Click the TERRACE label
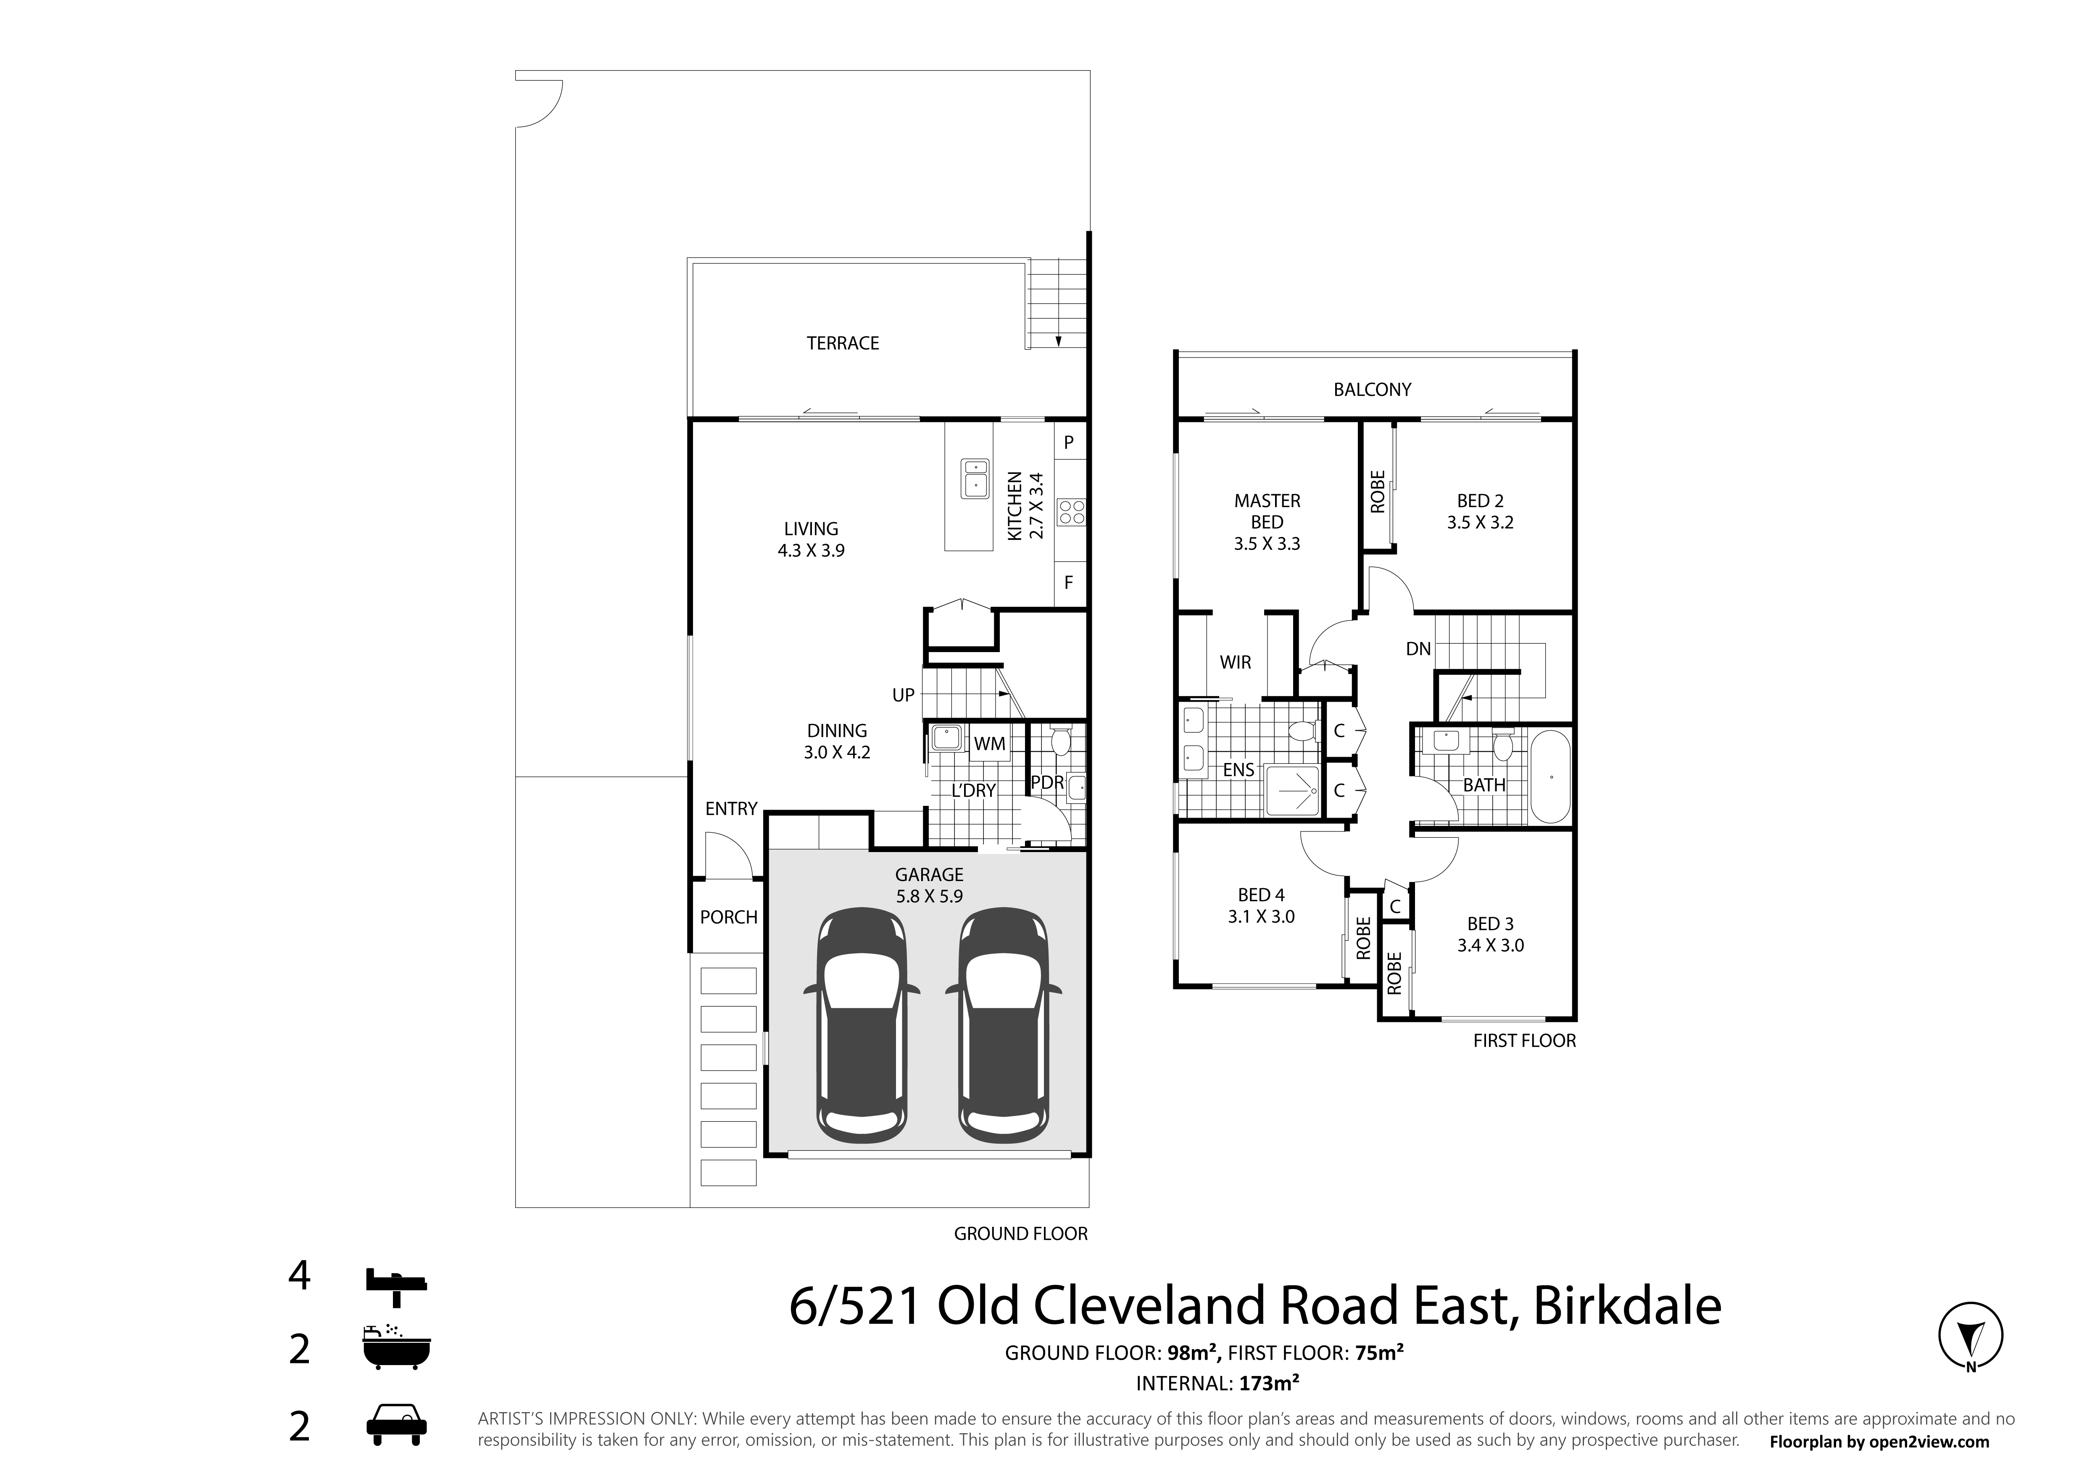coord(843,343)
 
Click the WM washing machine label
coord(990,743)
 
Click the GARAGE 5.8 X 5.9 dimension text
coord(929,895)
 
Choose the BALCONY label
coord(1373,389)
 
